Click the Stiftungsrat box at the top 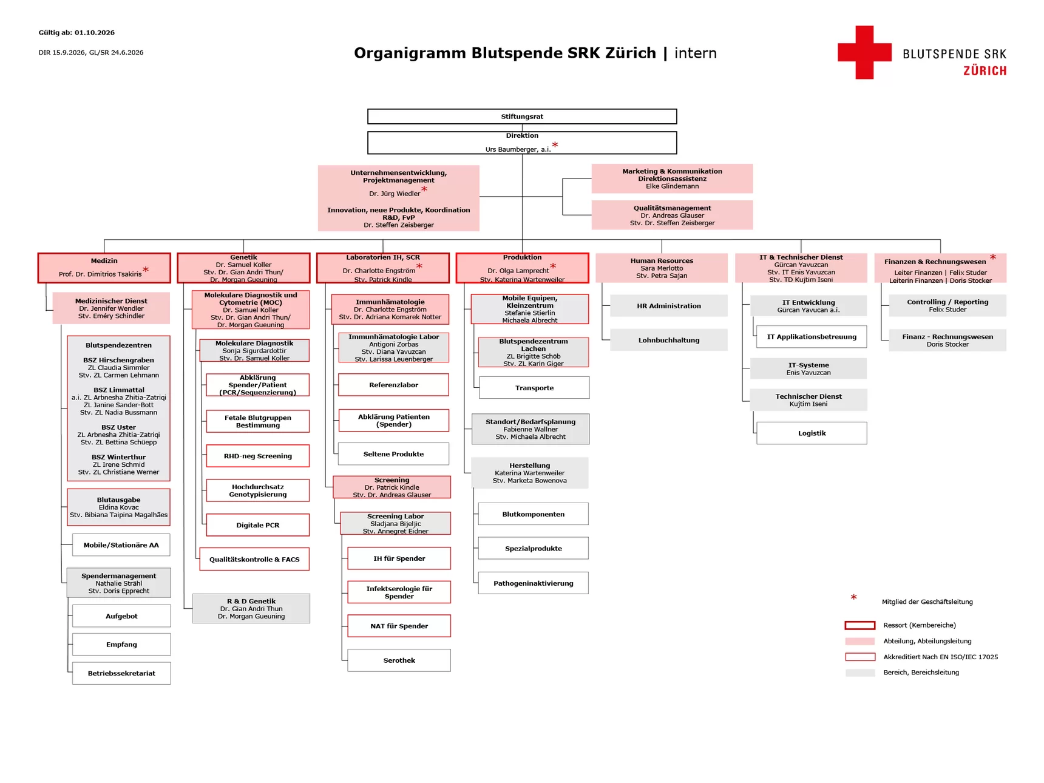pyautogui.click(x=522, y=117)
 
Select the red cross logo pyautogui.click(x=864, y=52)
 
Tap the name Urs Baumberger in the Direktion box pyautogui.click(x=511, y=149)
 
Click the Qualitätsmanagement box pyautogui.click(x=672, y=215)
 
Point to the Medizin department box pyautogui.click(x=104, y=268)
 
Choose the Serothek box pyautogui.click(x=399, y=660)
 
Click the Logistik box pyautogui.click(x=812, y=433)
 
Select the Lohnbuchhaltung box pyautogui.click(x=668, y=340)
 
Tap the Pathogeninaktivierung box pyautogui.click(x=533, y=583)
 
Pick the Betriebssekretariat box pyautogui.click(x=121, y=673)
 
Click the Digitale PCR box pyautogui.click(x=258, y=525)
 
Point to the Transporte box pyautogui.click(x=534, y=388)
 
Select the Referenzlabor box pyautogui.click(x=393, y=385)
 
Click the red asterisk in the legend pyautogui.click(x=853, y=598)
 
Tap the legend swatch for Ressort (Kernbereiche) pyautogui.click(x=860, y=625)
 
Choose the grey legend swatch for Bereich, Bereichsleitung pyautogui.click(x=860, y=673)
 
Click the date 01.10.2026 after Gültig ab pyautogui.click(x=95, y=33)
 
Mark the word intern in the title pyautogui.click(x=696, y=53)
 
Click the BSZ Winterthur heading pyautogui.click(x=118, y=457)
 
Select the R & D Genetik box pyautogui.click(x=251, y=608)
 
